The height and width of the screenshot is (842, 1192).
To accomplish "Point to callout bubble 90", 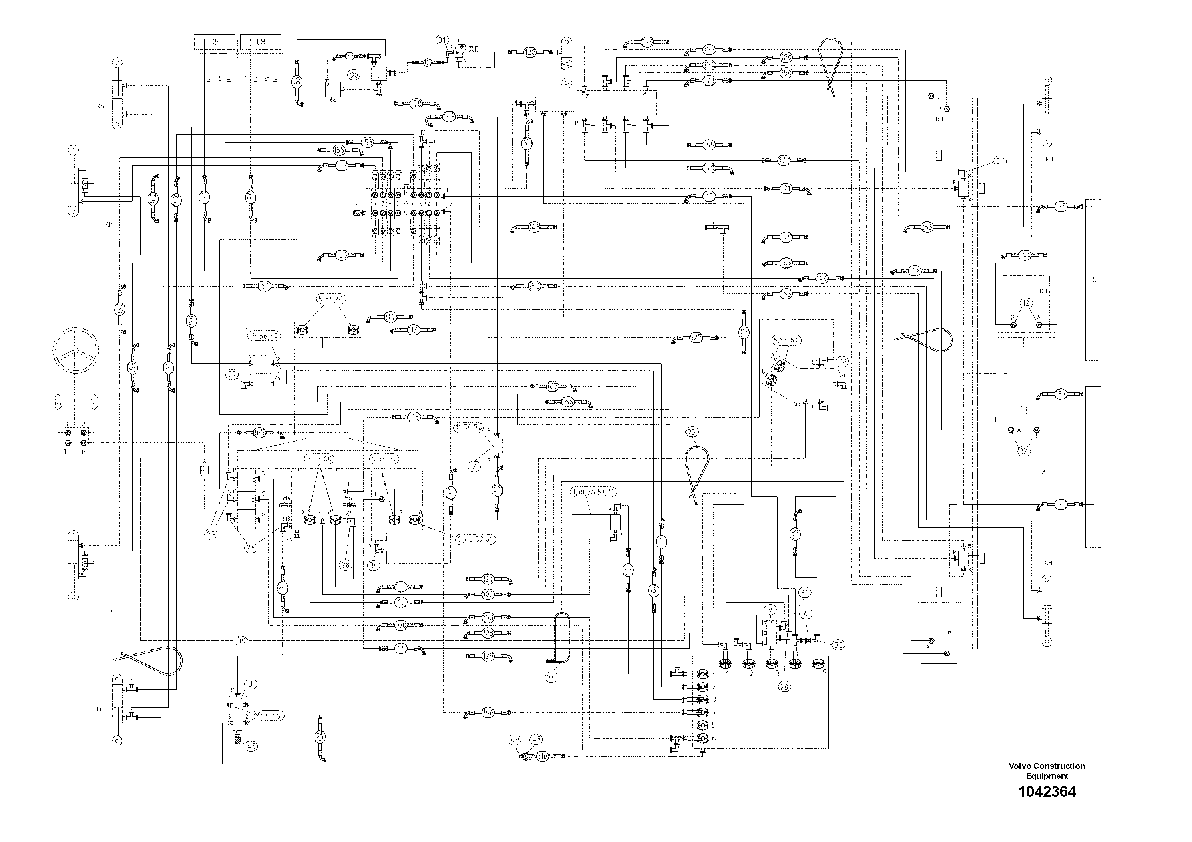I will tap(354, 75).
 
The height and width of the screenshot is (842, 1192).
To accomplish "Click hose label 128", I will tap(530, 52).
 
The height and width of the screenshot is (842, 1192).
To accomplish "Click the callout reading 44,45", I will tap(269, 716).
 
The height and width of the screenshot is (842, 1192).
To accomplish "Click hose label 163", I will tap(786, 294).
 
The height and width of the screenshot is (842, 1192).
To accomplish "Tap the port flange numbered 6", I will tap(702, 738).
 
